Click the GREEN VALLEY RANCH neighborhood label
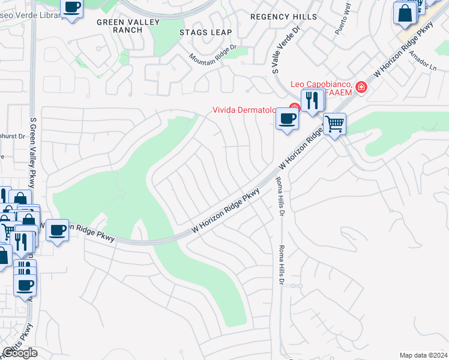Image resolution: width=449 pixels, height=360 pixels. point(128,26)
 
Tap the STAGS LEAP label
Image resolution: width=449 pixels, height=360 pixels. point(203,32)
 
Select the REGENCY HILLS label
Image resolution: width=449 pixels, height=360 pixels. point(283,17)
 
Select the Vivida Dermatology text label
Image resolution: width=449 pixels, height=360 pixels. point(243,110)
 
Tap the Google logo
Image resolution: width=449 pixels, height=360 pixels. point(19,353)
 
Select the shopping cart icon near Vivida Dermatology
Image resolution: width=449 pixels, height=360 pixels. point(335,124)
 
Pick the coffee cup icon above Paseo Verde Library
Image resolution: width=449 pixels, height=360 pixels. point(71,8)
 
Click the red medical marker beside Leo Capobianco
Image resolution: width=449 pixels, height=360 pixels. point(361,87)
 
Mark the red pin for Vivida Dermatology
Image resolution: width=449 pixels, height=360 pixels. point(294,109)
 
